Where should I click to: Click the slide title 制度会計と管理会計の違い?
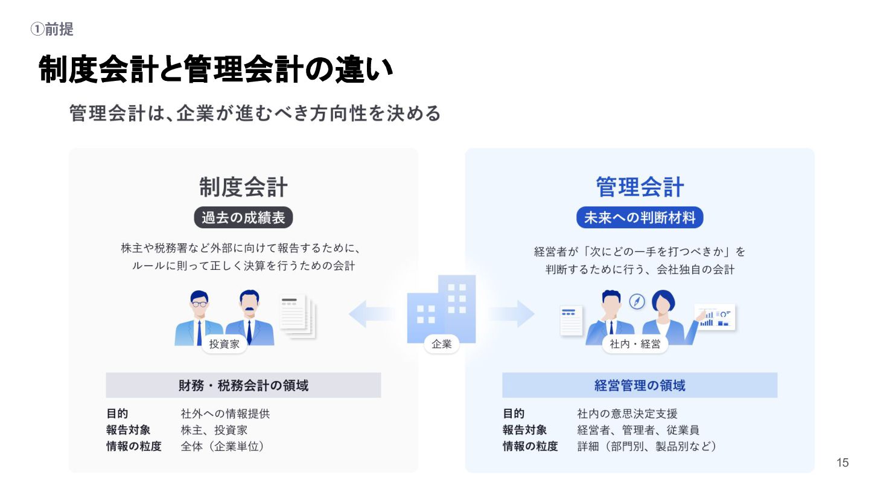tap(216, 69)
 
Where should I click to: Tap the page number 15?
tap(842, 463)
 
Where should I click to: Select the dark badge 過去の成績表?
tap(243, 217)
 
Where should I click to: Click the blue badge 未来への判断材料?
tap(640, 217)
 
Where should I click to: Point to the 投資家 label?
tap(224, 344)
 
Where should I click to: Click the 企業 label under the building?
tap(442, 344)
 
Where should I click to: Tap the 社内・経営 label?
tap(635, 344)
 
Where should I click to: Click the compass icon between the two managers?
tap(637, 301)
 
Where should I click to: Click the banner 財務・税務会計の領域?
tap(243, 385)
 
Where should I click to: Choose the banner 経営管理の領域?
tap(640, 385)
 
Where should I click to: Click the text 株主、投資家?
tap(214, 430)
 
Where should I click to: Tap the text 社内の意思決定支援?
tap(627, 414)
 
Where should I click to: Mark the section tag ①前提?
tap(52, 29)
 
